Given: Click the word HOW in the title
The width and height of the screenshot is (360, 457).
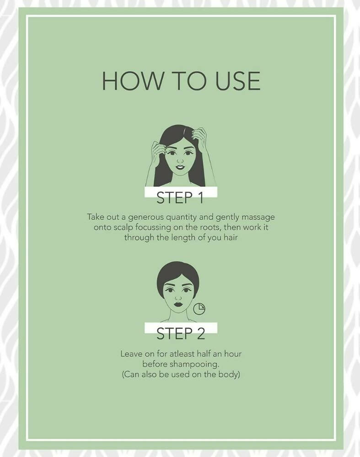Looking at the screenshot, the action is (x=133, y=80).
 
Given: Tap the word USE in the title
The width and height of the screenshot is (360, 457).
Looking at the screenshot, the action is (x=238, y=80).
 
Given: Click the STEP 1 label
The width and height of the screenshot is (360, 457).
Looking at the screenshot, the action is (x=180, y=197).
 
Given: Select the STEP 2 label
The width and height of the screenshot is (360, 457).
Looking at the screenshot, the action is (x=181, y=334).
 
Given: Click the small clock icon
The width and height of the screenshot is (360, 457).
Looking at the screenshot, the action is (x=199, y=309).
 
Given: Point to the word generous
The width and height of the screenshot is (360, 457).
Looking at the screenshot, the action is (x=145, y=218).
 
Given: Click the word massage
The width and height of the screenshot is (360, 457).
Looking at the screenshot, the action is (x=258, y=218).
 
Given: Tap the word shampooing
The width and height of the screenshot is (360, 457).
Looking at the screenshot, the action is (x=194, y=364).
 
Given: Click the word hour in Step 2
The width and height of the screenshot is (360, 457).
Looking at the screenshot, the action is (x=233, y=354).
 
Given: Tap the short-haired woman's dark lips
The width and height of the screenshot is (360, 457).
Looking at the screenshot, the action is (x=178, y=304).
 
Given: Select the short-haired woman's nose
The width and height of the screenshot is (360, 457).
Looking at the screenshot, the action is (x=178, y=298).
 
